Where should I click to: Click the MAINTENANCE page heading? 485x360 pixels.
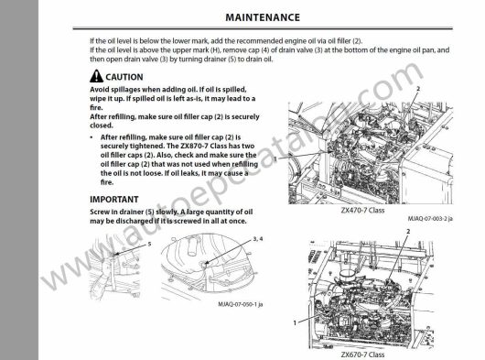coord(263,17)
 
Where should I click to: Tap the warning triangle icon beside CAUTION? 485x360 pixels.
coord(96,76)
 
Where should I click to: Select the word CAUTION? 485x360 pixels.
coord(124,77)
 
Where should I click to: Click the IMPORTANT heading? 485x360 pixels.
coord(114,200)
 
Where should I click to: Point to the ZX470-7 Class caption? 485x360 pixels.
coord(362,210)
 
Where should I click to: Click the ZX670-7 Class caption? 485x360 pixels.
coord(362,355)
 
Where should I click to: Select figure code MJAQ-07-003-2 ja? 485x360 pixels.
coord(430,219)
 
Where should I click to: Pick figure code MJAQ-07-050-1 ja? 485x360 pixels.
coord(241,304)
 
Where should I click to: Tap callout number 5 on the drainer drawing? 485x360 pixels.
coord(149,244)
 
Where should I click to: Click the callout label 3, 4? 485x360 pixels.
coord(258,239)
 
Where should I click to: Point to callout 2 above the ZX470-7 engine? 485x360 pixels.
coord(418,89)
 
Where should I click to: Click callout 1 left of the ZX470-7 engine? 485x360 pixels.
coord(275,159)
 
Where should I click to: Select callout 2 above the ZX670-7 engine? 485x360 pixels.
coord(408,231)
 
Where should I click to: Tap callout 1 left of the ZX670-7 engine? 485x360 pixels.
coord(295,322)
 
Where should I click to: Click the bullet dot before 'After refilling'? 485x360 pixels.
coord(92,137)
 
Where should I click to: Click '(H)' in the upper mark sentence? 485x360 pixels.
coord(214,50)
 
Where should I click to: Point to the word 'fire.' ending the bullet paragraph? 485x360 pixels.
coord(107,182)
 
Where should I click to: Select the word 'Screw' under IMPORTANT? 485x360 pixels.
coord(99,212)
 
